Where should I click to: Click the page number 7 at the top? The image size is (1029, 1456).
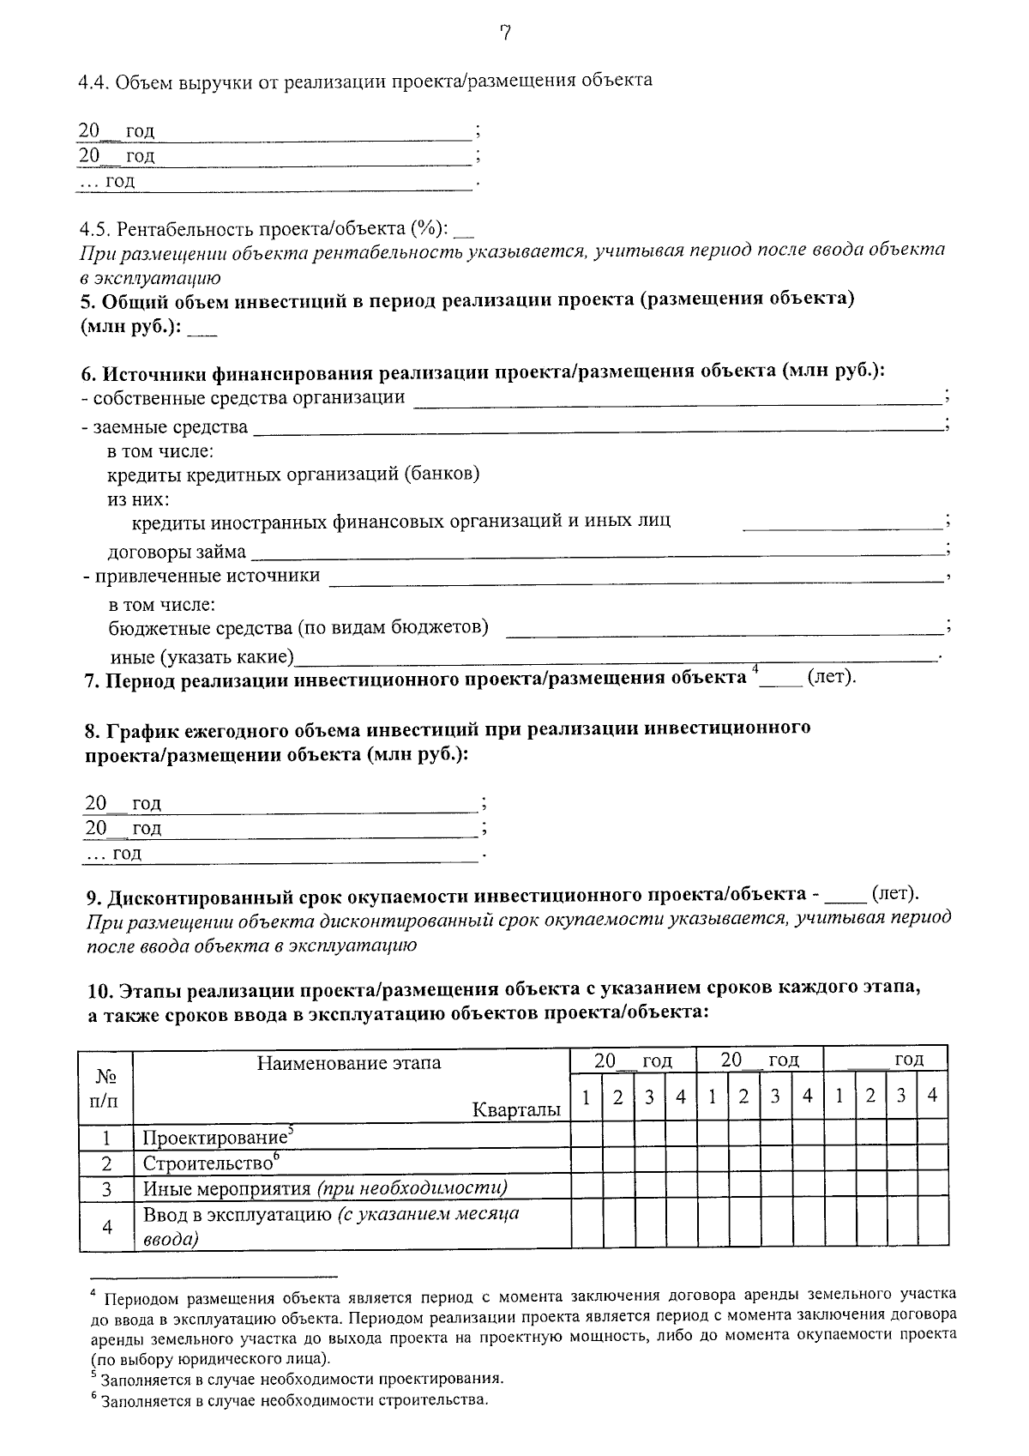point(506,33)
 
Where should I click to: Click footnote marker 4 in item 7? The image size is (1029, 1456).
point(755,670)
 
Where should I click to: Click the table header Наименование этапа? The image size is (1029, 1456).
point(349,1063)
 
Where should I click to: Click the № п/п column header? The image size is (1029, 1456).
point(105,1086)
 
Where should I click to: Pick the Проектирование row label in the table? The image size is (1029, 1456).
point(214,1139)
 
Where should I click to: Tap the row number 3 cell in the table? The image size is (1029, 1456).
point(106,1189)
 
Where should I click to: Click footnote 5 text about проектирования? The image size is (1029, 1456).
point(300,1380)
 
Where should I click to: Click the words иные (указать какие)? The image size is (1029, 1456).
point(202,658)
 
